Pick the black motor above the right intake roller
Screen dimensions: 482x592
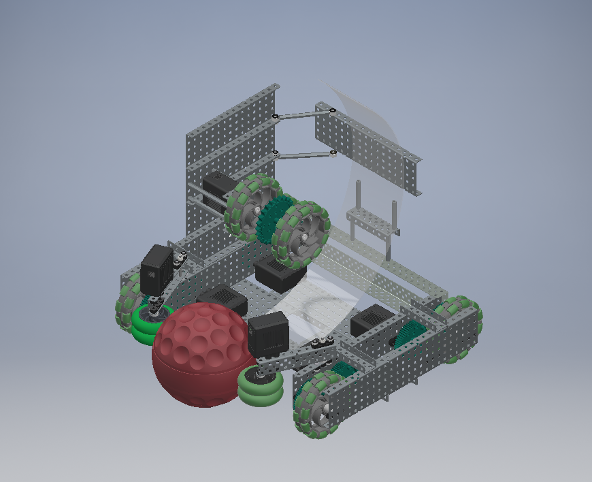coord(269,334)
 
